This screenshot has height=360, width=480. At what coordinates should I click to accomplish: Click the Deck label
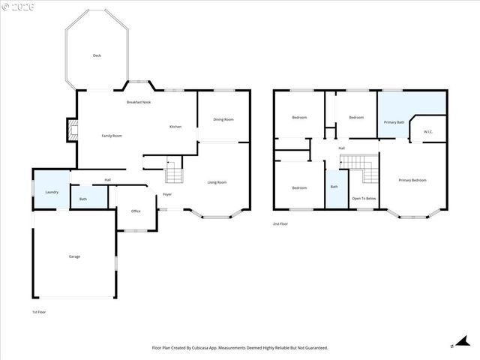[97, 55]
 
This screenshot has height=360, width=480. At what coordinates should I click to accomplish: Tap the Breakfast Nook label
[139, 101]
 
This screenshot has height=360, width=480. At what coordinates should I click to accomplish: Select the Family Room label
[112, 135]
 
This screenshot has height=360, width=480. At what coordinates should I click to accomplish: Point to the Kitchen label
[175, 126]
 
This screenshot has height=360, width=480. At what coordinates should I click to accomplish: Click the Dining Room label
[223, 119]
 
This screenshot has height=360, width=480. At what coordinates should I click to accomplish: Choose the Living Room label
[217, 182]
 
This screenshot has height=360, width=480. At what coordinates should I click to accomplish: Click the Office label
[136, 211]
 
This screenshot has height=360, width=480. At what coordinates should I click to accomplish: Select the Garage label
[74, 256]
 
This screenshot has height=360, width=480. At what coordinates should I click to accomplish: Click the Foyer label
[167, 194]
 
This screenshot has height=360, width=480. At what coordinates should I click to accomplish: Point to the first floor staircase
[174, 174]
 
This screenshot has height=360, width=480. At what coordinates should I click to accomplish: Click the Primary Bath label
[394, 121]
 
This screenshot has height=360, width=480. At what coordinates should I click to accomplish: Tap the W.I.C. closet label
[428, 132]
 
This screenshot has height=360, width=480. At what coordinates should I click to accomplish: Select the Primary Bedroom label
[412, 180]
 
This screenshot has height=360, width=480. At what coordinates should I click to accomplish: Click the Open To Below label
[364, 198]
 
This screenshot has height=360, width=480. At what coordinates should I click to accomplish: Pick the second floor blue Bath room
[334, 187]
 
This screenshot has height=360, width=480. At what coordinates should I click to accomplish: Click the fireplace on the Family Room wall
[71, 130]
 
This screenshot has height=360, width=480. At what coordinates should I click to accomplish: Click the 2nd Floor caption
[281, 223]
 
